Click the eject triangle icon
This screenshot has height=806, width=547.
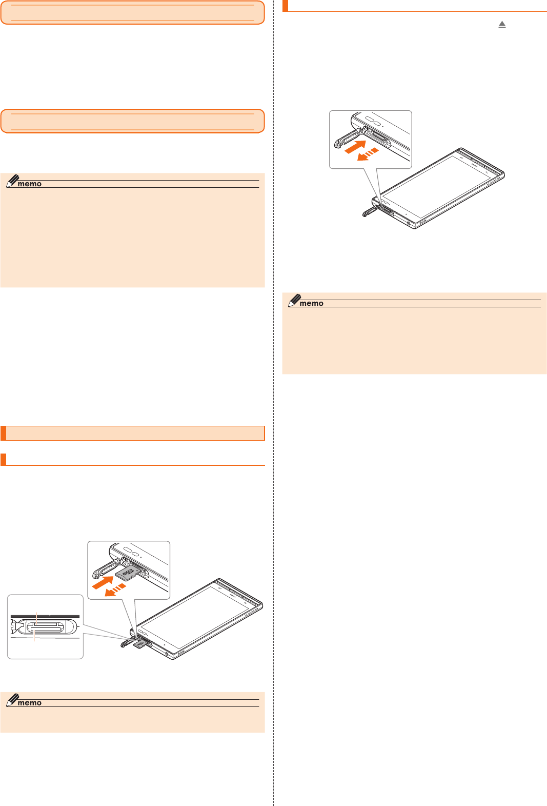tap(502, 25)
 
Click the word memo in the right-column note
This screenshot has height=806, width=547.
tap(312, 303)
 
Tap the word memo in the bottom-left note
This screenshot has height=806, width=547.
tap(29, 703)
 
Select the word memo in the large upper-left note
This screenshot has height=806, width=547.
tap(29, 184)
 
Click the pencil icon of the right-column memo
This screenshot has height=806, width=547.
tap(294, 301)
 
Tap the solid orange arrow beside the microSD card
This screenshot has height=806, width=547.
tap(103, 583)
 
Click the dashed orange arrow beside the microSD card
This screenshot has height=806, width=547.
tap(115, 590)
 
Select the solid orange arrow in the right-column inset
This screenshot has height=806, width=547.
tap(355, 146)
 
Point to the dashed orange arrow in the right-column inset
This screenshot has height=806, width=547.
tap(368, 154)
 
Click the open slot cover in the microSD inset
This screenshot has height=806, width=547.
tap(107, 568)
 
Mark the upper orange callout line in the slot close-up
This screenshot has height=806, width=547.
tap(36, 618)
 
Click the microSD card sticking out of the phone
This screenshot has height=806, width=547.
tap(138, 644)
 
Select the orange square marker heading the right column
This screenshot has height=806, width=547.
tap(286, 6)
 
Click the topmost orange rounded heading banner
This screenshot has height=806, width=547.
tap(132, 13)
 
